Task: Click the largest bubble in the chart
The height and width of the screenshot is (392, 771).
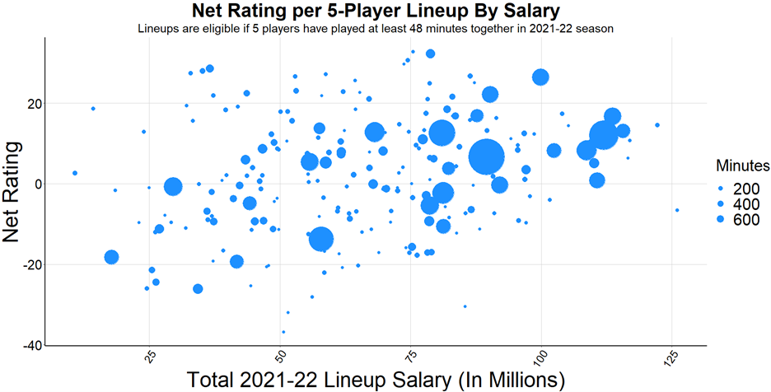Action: (486, 156)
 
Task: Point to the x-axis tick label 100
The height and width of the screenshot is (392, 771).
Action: (541, 358)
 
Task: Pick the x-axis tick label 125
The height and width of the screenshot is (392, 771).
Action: (672, 358)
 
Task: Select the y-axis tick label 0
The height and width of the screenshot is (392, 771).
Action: (35, 184)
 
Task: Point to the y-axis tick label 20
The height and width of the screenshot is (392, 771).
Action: (30, 103)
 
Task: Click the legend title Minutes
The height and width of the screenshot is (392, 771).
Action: (741, 166)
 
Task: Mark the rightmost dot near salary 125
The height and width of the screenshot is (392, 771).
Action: (677, 210)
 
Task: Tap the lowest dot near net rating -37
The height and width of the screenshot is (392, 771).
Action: (283, 332)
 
